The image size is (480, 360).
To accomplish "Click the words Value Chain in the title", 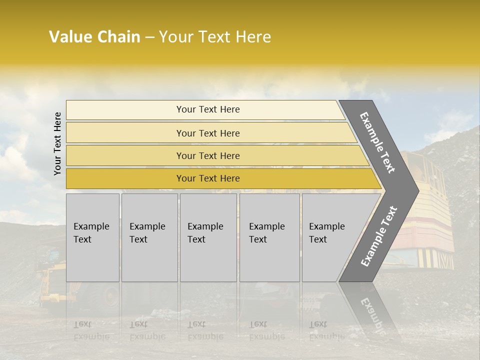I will tap(94, 37).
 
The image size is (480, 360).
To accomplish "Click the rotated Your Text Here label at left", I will tap(58, 143).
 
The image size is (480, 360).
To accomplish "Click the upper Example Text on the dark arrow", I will tap(377, 142).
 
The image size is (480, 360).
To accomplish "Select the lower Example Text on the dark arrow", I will tap(379, 236).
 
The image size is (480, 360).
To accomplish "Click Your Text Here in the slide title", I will tap(215, 37).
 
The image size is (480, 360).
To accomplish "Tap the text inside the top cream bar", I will tap(208, 109).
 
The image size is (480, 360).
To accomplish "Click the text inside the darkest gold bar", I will tap(208, 178).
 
